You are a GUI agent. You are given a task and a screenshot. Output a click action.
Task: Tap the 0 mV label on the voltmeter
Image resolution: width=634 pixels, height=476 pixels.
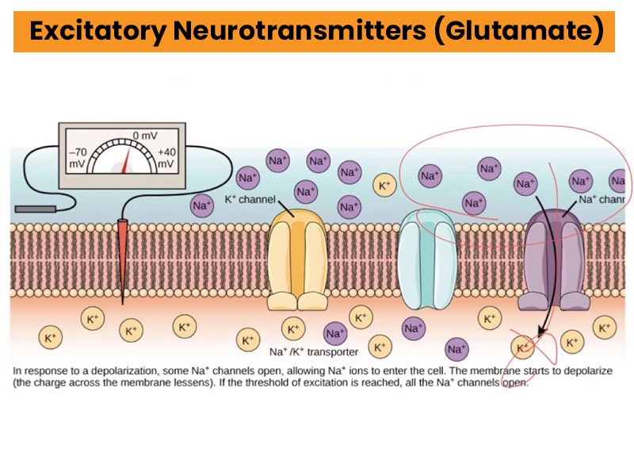coord(145,136)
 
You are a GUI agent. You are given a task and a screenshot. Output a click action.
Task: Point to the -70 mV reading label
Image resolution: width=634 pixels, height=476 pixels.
coord(78,157)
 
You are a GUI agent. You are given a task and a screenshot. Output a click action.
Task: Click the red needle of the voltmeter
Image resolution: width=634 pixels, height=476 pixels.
coord(124,161)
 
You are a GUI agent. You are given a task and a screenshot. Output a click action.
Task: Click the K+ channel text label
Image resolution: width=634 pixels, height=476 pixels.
coord(250,198)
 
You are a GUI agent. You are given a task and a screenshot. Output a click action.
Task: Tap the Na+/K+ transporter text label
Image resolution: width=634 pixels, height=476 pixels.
coord(314,351)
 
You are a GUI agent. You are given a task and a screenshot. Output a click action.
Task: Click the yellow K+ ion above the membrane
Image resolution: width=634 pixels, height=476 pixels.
coord(385,186)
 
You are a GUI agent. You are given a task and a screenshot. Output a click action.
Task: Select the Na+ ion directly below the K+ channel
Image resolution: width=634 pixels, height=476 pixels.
coord(334,333)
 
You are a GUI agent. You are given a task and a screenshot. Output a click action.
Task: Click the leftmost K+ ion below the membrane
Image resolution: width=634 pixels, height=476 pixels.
coord(50,337)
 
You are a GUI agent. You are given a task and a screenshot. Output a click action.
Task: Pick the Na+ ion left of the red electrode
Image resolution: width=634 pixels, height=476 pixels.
coord(202,205)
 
